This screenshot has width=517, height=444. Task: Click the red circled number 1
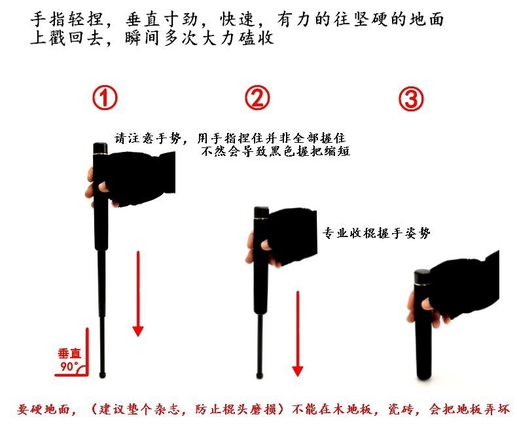(x=105, y=98)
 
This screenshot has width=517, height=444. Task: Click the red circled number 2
(x=257, y=98)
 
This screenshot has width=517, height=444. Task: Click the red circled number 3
(x=411, y=99)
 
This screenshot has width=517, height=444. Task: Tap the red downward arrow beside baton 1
(x=138, y=293)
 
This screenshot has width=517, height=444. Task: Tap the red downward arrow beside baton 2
(x=298, y=333)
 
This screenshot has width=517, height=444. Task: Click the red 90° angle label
(x=69, y=367)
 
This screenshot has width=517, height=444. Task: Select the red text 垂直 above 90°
(x=69, y=354)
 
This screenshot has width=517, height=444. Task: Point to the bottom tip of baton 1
(x=103, y=376)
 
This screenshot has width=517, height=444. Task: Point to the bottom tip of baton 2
(x=260, y=377)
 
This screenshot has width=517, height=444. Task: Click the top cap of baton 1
(x=100, y=148)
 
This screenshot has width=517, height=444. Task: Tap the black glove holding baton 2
(x=292, y=235)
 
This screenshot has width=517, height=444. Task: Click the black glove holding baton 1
(x=140, y=178)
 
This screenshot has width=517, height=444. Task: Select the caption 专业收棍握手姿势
(x=376, y=233)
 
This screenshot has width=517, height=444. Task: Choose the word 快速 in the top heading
(x=238, y=19)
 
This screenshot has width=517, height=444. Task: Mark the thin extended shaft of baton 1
(x=102, y=312)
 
